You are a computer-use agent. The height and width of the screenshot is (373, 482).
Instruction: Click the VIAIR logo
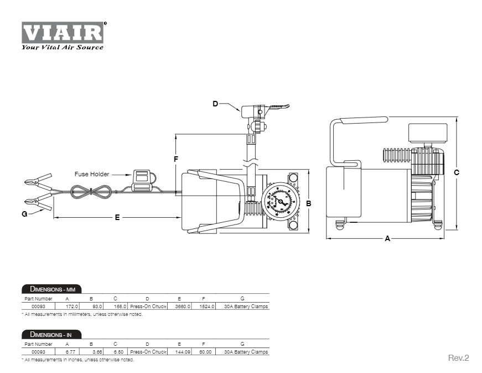[x=63, y=32]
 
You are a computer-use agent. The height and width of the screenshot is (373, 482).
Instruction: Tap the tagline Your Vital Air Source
[x=62, y=48]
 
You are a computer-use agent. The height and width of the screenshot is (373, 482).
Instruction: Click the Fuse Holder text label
[x=92, y=174]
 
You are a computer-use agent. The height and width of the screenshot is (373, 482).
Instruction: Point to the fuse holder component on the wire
[x=141, y=178]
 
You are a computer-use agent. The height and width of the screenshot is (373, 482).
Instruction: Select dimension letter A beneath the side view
[x=387, y=239]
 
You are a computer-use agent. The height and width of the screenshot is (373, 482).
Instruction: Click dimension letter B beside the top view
[x=309, y=203]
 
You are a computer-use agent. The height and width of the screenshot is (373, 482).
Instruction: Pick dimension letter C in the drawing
[x=457, y=172]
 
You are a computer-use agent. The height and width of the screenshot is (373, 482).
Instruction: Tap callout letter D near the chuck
[x=216, y=104]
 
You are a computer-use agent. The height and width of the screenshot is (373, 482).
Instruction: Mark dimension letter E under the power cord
[x=117, y=218]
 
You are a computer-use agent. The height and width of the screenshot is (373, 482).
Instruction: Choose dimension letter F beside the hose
[x=175, y=159]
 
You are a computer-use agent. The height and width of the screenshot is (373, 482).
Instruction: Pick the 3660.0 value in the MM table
[x=183, y=306]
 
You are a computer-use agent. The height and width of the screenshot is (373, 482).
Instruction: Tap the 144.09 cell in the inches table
[x=183, y=352]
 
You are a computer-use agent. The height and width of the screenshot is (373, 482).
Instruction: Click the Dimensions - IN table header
[x=51, y=335]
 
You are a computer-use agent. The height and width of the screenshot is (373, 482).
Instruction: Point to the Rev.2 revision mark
[x=458, y=358]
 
